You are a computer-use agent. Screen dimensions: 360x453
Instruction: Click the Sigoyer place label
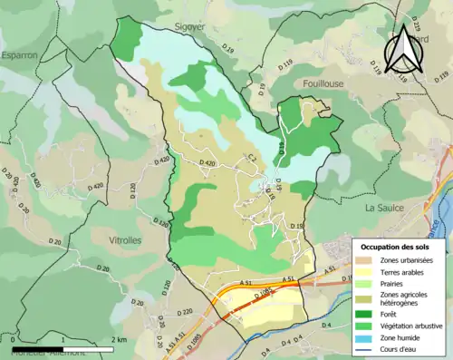(190, 27)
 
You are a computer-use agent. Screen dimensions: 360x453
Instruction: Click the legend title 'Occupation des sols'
(401, 246)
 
